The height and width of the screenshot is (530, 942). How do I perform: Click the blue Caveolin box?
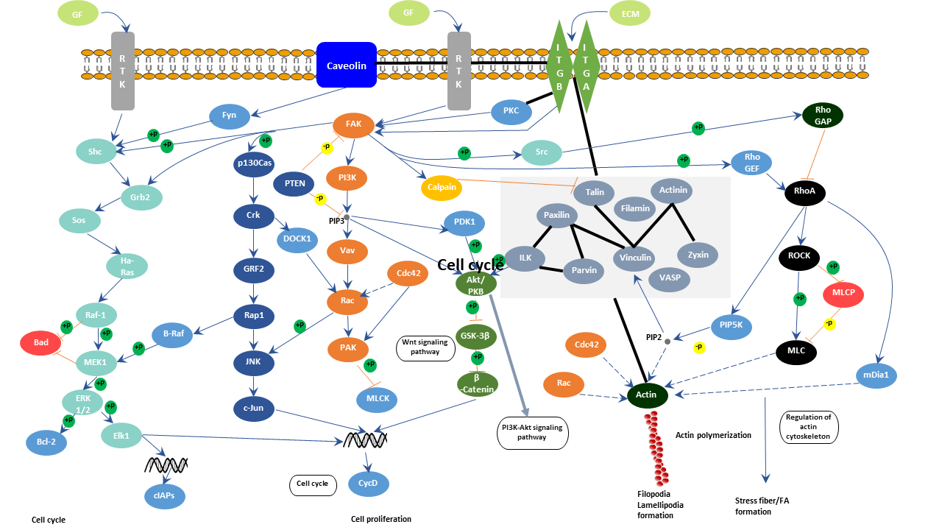point(347,65)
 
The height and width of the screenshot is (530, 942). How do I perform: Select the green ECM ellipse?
point(631,13)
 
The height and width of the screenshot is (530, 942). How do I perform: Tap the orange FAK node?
point(354,124)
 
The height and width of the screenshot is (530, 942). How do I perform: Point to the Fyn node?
point(229,116)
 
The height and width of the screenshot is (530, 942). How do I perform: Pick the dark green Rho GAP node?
point(823,115)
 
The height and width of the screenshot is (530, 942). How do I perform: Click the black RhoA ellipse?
point(804,193)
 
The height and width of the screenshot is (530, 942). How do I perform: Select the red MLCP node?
point(843,294)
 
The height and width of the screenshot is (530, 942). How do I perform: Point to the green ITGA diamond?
point(586,66)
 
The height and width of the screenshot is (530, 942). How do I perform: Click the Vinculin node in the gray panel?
point(635,258)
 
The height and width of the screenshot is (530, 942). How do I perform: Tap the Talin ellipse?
point(595,193)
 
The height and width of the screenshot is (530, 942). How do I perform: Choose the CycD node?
point(367,484)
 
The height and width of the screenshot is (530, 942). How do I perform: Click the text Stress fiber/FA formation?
point(762,506)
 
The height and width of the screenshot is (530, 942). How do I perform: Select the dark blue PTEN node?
point(294,183)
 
